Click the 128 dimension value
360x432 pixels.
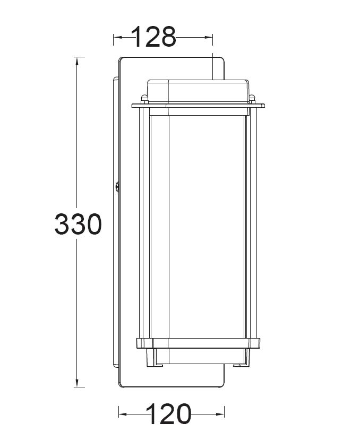153,37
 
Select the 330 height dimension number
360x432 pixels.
78,224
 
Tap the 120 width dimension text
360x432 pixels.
168,414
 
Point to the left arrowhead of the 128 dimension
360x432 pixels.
118,37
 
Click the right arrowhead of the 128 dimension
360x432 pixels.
209,37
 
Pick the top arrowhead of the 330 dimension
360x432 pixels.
76,61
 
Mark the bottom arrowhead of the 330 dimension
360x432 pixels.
76,383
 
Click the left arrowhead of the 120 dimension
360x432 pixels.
123,414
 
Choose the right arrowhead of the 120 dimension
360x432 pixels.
220,414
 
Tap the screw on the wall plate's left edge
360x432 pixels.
117,186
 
